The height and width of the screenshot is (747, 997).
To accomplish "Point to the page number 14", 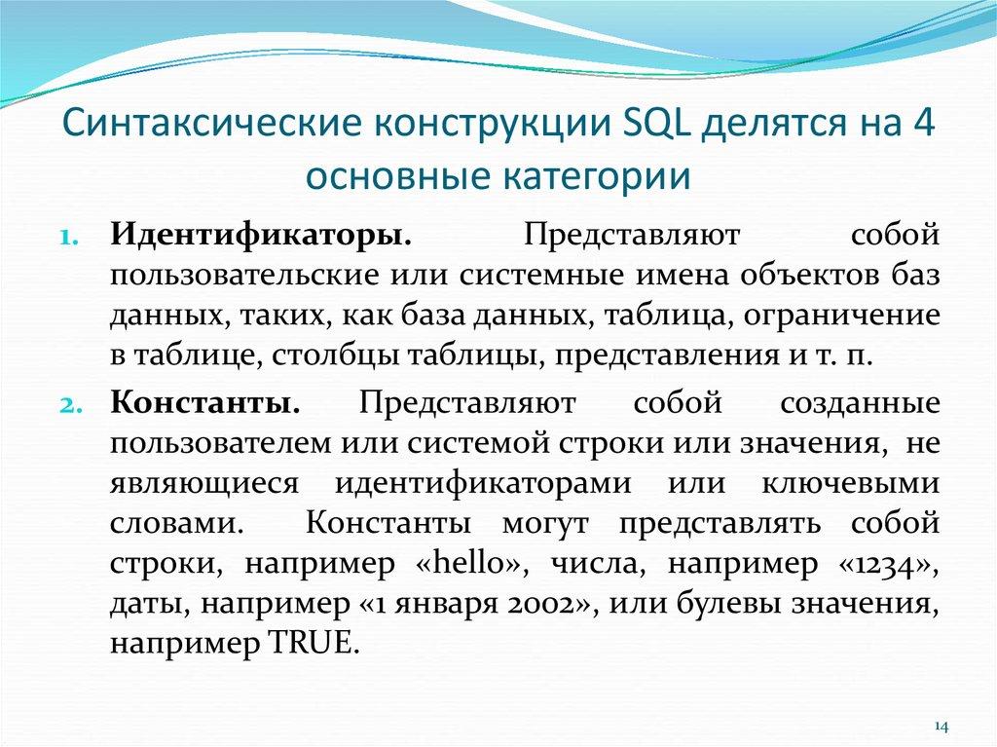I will [941, 727].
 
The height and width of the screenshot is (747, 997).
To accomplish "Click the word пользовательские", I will [242, 277].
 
